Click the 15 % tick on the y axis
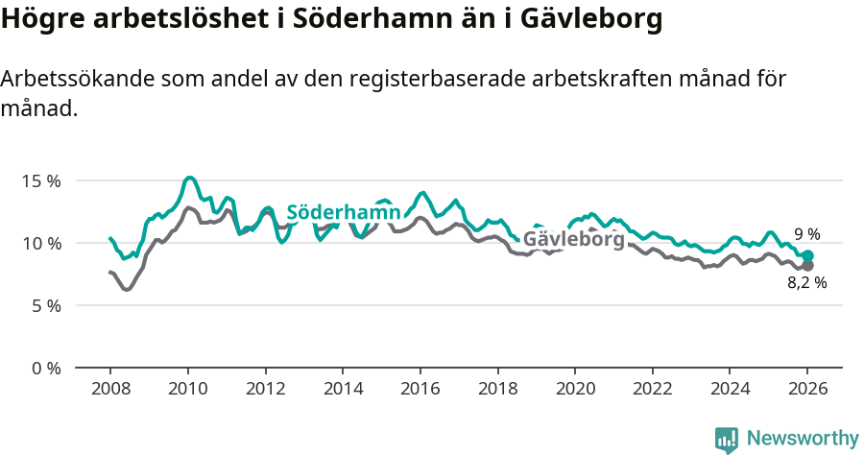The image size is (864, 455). [41, 180]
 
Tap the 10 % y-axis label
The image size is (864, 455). [41, 243]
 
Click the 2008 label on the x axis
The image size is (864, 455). [110, 391]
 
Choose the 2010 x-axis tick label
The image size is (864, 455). [187, 391]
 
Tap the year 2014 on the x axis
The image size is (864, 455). [343, 391]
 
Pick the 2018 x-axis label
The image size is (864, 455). [497, 391]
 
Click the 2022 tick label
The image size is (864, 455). [652, 391]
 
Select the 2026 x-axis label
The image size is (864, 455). [807, 391]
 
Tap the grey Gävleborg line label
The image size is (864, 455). [573, 239]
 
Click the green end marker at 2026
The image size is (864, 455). [807, 256]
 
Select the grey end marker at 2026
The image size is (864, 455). [807, 266]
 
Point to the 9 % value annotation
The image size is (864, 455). [807, 234]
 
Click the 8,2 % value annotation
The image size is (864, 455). [807, 283]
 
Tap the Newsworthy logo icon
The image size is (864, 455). [727, 439]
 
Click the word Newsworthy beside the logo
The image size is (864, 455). [803, 439]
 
